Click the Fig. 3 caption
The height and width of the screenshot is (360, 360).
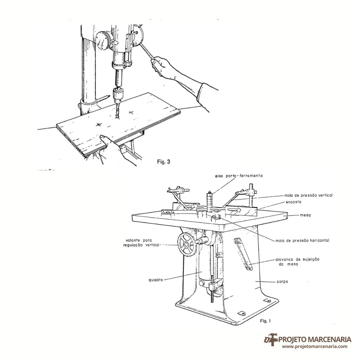[163, 162]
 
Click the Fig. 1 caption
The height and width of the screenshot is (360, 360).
[265, 321]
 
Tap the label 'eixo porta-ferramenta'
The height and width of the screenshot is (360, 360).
[239, 176]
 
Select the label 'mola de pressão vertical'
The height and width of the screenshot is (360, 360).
[308, 195]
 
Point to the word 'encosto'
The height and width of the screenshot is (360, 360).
[293, 202]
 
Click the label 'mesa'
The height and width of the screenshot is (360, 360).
[305, 215]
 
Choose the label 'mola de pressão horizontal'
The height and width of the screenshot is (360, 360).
[302, 241]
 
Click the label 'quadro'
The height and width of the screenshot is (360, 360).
[156, 280]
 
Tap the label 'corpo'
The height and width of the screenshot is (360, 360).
[282, 281]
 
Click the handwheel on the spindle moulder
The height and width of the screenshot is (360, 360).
[187, 244]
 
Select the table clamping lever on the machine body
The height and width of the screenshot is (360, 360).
[243, 254]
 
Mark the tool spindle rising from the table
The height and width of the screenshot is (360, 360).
[210, 201]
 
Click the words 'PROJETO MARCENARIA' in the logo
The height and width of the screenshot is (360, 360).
[315, 339]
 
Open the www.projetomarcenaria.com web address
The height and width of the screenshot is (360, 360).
[315, 347]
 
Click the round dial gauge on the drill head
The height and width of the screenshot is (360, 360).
[103, 40]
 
